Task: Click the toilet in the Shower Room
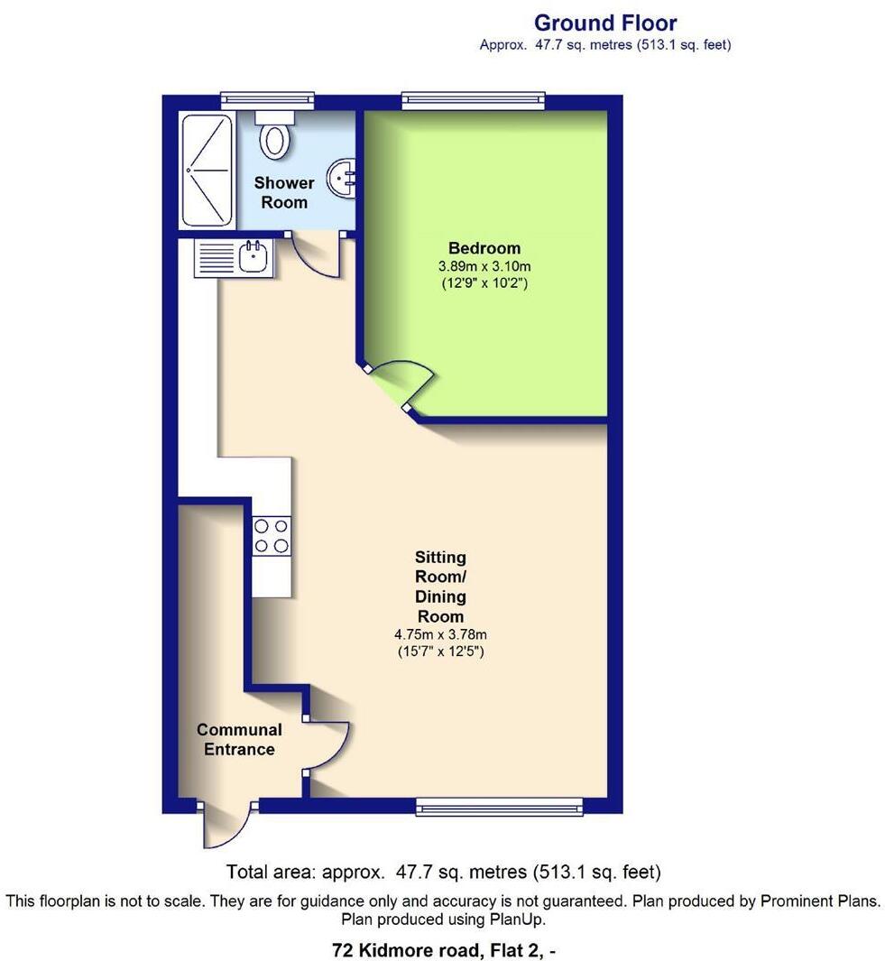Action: click(x=274, y=134)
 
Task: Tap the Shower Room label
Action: click(x=284, y=192)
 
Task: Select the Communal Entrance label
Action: click(x=239, y=739)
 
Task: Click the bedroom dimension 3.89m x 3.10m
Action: click(x=484, y=267)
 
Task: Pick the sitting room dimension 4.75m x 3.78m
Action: click(x=440, y=634)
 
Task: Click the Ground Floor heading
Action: click(x=604, y=23)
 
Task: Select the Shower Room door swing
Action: click(x=319, y=255)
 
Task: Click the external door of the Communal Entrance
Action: click(x=225, y=823)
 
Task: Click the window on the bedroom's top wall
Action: click(x=474, y=101)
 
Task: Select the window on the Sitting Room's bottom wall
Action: click(x=499, y=806)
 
